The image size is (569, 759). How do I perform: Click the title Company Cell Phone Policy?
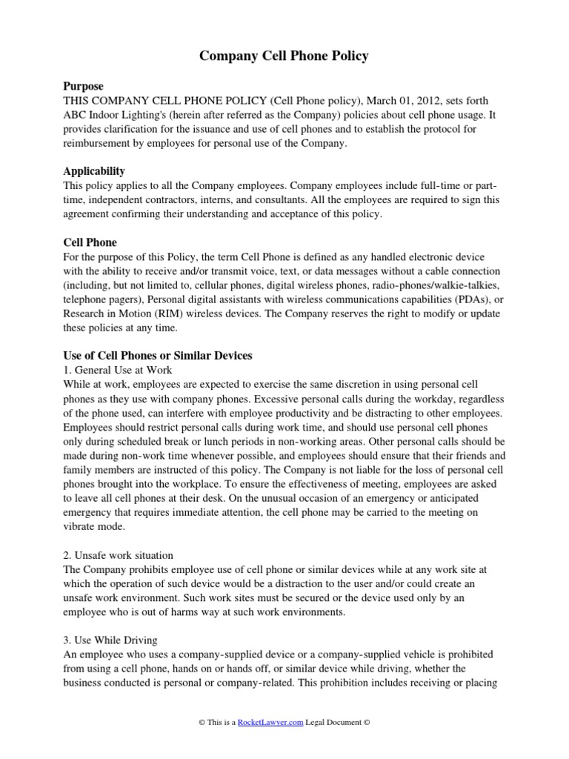(x=284, y=56)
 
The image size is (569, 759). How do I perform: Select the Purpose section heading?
(x=84, y=87)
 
